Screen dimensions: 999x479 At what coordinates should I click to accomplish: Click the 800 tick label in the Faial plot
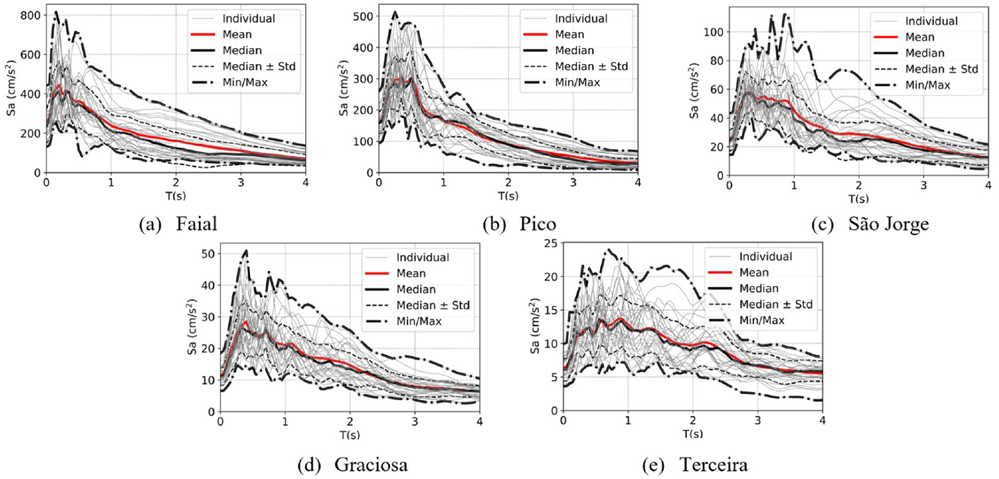[30, 15]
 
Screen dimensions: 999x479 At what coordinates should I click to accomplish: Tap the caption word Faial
[197, 224]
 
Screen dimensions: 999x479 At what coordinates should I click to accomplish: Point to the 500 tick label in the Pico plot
[362, 16]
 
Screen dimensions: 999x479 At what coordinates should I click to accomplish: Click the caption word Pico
[537, 224]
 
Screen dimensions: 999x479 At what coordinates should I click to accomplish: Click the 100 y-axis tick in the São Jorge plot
[713, 32]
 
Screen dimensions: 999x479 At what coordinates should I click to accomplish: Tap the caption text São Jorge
[888, 224]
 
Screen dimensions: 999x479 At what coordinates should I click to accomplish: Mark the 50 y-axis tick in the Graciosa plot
[208, 254]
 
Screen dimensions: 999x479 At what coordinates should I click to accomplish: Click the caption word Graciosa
[371, 465]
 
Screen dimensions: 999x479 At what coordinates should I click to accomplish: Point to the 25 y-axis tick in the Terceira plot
[552, 243]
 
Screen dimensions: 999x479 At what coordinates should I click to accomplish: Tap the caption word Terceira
[714, 465]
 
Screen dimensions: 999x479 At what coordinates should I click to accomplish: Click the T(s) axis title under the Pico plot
[508, 196]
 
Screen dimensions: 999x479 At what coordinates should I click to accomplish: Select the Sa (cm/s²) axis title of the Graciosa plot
[192, 327]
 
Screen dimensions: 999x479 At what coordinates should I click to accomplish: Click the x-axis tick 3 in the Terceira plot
[758, 421]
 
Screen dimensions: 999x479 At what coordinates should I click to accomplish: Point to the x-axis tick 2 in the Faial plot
[176, 183]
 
